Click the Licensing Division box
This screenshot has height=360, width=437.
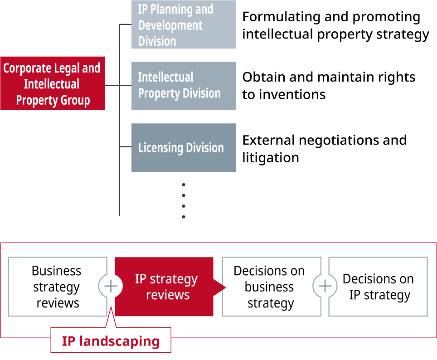coord(184,148)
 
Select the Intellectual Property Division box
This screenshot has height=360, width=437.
coord(184,86)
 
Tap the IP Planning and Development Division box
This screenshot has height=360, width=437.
coord(184,24)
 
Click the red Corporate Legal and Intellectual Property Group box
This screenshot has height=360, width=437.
coord(52,83)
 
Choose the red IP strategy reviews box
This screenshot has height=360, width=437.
coord(164,287)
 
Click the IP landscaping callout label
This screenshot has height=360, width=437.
coord(111,341)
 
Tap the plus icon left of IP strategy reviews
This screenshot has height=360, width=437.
coord(110,287)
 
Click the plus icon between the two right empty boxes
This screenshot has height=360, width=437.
coord(325,287)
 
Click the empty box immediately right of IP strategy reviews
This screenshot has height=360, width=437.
coord(269,287)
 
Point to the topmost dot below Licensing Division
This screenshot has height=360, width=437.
coord(184,185)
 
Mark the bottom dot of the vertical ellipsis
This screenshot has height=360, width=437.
coord(184,217)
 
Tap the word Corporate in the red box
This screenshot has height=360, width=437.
coord(27,68)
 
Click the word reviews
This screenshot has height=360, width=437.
coord(167,295)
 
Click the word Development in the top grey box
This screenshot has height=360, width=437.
coord(170,25)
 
